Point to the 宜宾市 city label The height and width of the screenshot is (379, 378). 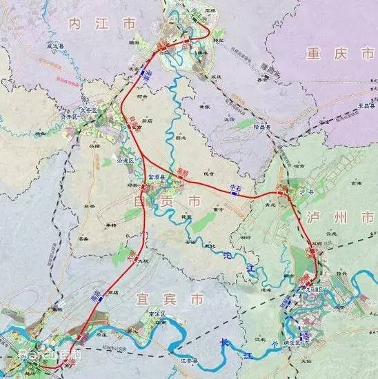pos(179,299)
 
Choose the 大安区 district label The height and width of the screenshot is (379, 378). pos(92,108)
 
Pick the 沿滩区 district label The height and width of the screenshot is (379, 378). pos(130,160)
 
